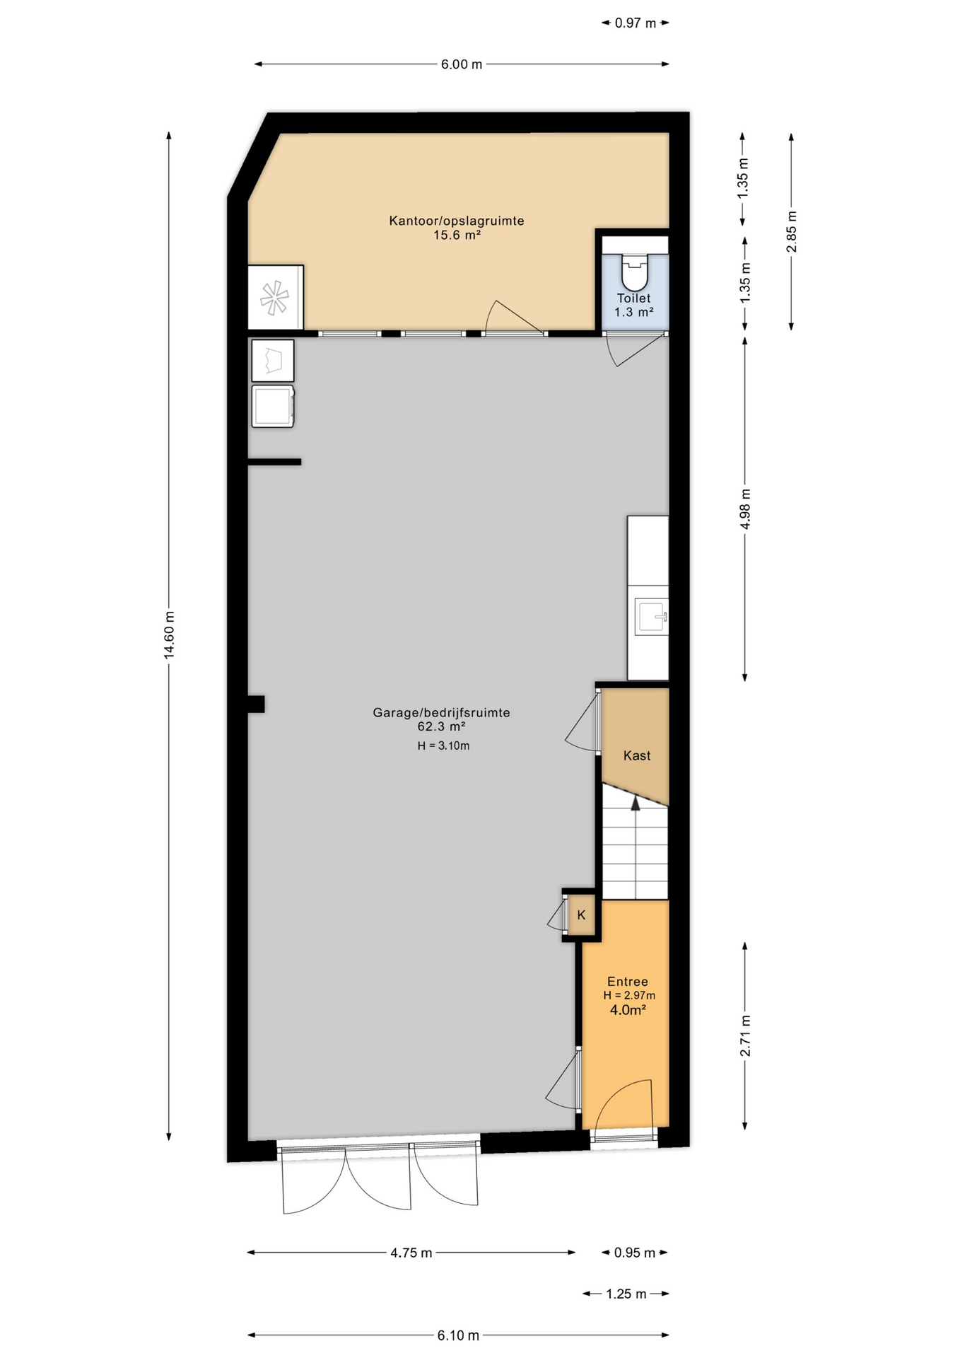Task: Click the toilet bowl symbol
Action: point(634,269)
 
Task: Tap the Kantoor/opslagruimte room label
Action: point(457,221)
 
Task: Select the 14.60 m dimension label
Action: point(169,634)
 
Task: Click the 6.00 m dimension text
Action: point(462,64)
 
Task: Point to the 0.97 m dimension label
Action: point(636,23)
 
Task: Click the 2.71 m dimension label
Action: point(745,1035)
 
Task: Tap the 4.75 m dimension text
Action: point(411,1253)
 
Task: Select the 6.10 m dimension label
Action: point(458,1335)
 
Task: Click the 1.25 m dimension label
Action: point(626,1294)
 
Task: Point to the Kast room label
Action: point(637,755)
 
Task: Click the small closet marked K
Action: point(581,915)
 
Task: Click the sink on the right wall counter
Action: point(651,617)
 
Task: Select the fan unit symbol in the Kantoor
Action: point(275,298)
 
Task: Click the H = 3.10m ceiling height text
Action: point(443,745)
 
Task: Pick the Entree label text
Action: point(628,981)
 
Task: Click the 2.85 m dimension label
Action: point(792,231)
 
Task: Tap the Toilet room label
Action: point(633,298)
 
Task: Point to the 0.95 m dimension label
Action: point(635,1253)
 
